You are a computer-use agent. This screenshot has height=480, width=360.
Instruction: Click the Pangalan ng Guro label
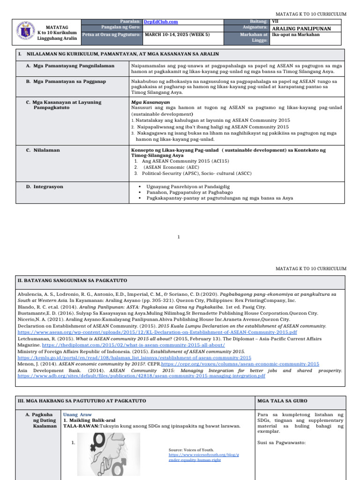click(121, 28)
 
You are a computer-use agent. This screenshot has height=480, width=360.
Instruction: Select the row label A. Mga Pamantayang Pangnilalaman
click(70, 66)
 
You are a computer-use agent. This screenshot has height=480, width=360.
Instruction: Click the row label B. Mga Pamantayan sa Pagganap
click(66, 82)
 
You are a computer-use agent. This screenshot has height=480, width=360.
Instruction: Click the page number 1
click(179, 237)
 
